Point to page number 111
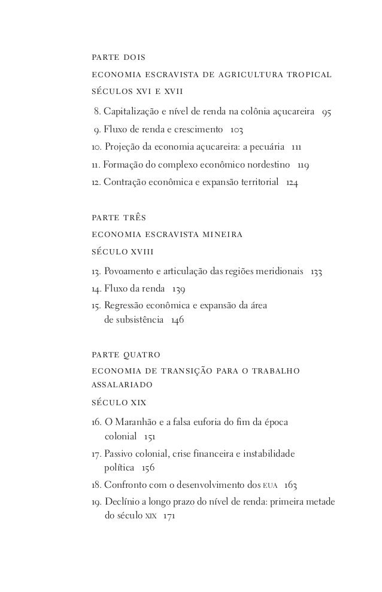pos(295,147)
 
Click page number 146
pos(177,320)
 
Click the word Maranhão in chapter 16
pos(138,421)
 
